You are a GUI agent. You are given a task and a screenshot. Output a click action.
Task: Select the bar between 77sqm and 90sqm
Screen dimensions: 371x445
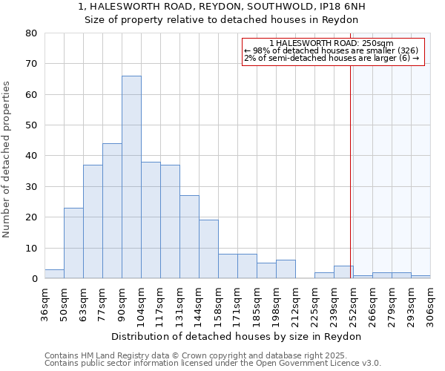tap(112, 211)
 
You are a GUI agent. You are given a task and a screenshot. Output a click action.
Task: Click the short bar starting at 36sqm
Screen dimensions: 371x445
tap(54, 274)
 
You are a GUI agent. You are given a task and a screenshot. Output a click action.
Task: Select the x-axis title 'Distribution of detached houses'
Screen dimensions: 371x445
tap(237, 336)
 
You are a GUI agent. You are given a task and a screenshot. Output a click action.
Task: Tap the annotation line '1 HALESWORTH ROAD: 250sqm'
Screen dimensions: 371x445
tap(332, 43)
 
